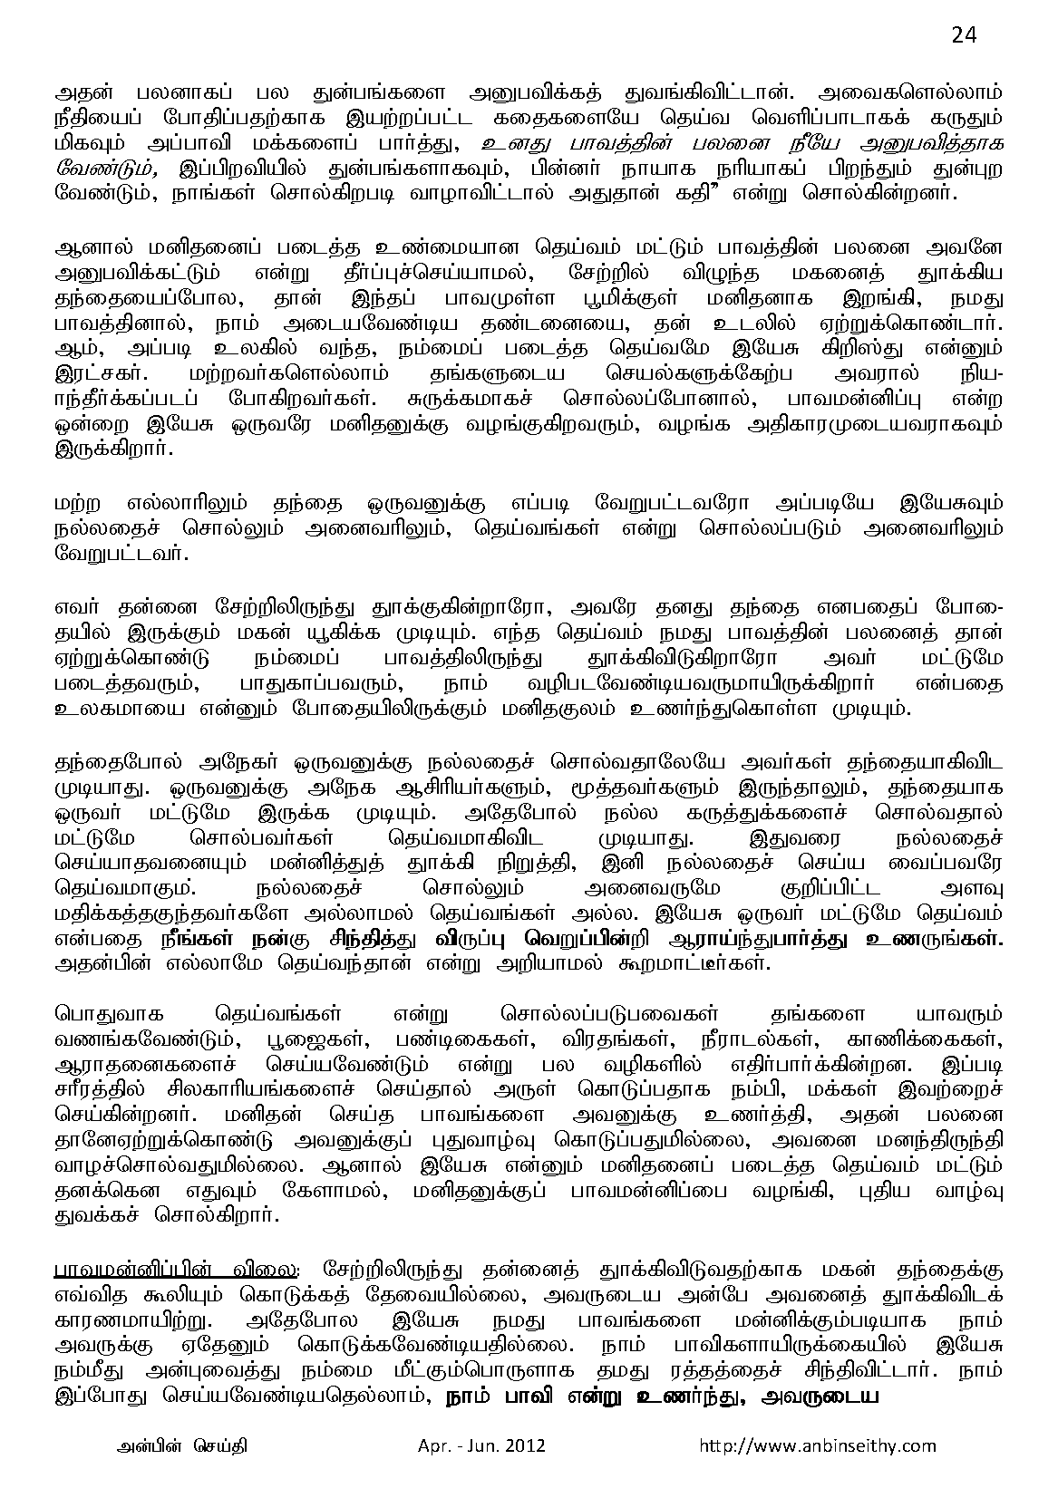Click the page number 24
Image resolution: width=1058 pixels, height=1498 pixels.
point(964,34)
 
